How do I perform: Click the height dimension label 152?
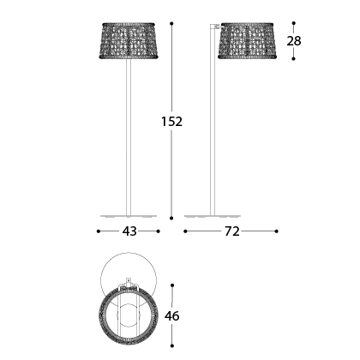[x=172, y=122]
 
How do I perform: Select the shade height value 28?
[x=294, y=41]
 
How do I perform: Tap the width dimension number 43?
[x=129, y=231]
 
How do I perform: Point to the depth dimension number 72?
[x=231, y=231]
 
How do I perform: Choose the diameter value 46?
[x=172, y=316]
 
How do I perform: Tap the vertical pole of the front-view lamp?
[x=128, y=137]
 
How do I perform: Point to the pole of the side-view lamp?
[x=212, y=137]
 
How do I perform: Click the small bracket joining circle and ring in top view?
[x=129, y=282]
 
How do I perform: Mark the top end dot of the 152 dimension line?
[x=171, y=23]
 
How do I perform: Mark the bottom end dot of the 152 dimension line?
[x=171, y=218]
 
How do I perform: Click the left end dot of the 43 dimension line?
[x=98, y=231]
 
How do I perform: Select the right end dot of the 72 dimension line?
[x=277, y=231]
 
